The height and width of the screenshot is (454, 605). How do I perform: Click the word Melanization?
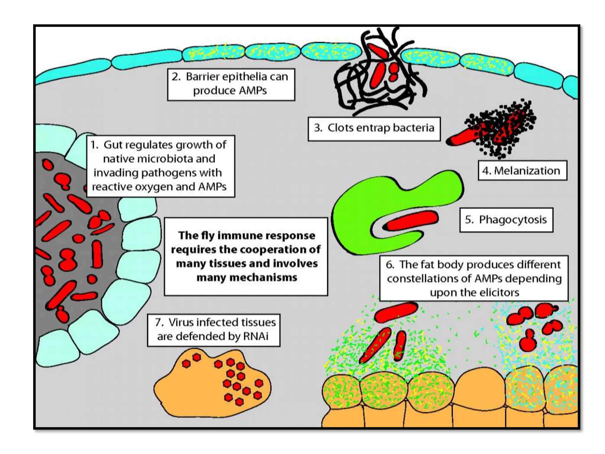pyautogui.click(x=527, y=171)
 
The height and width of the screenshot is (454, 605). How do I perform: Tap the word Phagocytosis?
pyautogui.click(x=513, y=220)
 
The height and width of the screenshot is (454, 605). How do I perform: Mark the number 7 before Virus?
pyautogui.click(x=159, y=322)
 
